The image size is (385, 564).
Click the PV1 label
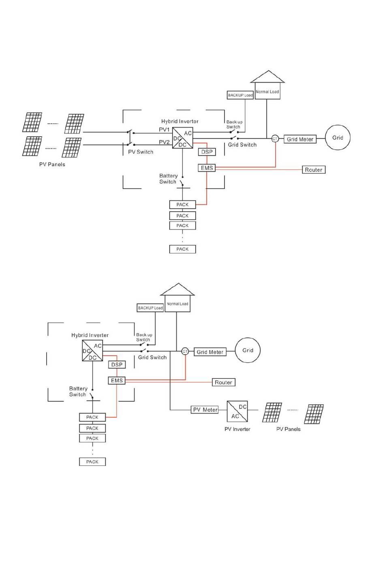tap(164, 130)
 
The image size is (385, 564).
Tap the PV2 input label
tap(164, 142)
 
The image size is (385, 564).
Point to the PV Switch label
tap(141, 152)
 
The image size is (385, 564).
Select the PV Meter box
tap(205, 410)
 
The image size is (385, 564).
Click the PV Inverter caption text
tap(237, 429)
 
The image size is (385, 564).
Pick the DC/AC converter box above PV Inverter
tap(237, 412)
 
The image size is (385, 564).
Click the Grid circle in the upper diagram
tap(338, 137)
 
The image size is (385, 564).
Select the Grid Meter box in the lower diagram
tap(210, 352)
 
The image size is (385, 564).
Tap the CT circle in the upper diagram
tap(275, 139)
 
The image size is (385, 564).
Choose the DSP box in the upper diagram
tap(207, 152)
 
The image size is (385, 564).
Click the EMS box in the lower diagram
tap(117, 380)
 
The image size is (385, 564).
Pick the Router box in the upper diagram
tap(314, 170)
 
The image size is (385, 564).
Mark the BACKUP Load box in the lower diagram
tap(150, 308)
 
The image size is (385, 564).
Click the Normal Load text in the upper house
tap(267, 92)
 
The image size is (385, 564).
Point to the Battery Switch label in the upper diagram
tap(168, 179)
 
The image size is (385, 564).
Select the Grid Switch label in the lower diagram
tap(152, 357)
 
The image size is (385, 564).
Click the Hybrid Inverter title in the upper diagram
tap(180, 121)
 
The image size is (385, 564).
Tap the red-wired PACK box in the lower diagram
tap(92, 417)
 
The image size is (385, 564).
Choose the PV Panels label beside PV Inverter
tap(289, 429)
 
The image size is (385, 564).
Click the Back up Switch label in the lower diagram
tap(144, 337)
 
